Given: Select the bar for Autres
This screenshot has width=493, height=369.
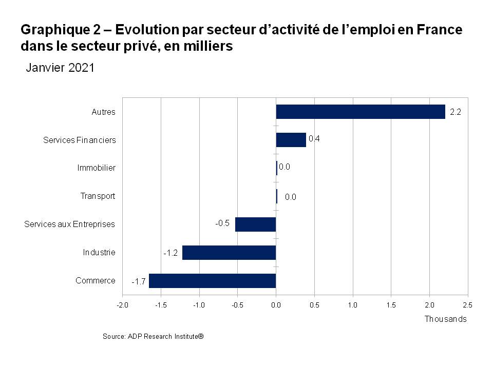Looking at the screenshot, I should [361, 112].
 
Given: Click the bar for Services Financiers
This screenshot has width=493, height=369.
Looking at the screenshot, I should [291, 140].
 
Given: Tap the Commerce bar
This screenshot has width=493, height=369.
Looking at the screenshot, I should [212, 281].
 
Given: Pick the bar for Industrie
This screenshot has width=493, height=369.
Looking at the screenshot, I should [229, 253].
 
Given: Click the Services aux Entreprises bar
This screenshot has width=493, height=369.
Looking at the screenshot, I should [255, 224].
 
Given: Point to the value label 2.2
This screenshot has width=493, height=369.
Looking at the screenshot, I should [455, 112].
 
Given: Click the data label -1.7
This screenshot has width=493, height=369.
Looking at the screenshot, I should [138, 281].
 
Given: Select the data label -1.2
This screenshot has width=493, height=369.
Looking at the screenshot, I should [170, 253].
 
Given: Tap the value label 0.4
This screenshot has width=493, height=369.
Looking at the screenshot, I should [314, 139].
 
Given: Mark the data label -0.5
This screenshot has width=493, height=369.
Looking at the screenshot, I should [222, 223].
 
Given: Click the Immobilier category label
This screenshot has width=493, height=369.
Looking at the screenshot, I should [96, 168].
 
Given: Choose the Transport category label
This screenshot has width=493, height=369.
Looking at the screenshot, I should [98, 196].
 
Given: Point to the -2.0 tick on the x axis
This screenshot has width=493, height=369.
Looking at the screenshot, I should [122, 305].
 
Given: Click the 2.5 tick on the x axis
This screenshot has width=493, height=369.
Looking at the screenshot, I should [467, 305].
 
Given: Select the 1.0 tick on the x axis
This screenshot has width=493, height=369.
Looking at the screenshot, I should [352, 305].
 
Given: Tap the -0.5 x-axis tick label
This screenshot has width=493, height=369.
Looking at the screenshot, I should [237, 305].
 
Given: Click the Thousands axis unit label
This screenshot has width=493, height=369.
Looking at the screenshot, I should [445, 319].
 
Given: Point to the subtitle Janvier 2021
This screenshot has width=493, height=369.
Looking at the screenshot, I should [60, 68].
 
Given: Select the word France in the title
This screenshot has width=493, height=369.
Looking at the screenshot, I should [440, 30].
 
